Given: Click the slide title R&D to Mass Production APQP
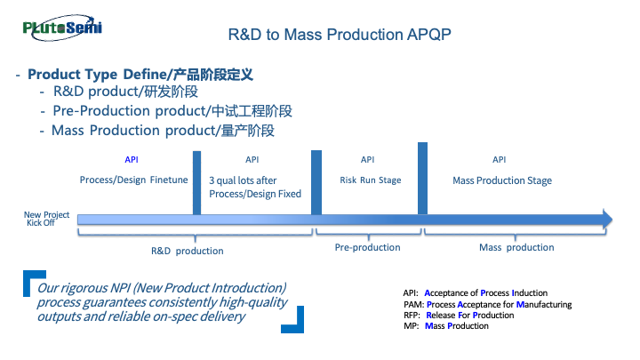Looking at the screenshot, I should [x=340, y=35].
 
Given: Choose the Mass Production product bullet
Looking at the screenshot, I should [x=163, y=130].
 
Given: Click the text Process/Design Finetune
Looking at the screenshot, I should [x=133, y=180].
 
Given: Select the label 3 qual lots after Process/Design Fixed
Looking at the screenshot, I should [x=255, y=187].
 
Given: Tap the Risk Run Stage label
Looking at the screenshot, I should [x=370, y=180].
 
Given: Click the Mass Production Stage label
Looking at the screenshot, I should [x=502, y=180].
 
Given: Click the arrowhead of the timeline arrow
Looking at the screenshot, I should [x=607, y=219].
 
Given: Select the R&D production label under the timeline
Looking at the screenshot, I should [x=188, y=251].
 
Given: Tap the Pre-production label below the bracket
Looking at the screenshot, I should [x=367, y=247].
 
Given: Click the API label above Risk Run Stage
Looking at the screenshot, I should [x=367, y=159].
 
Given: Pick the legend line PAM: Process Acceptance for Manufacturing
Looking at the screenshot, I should [x=487, y=304].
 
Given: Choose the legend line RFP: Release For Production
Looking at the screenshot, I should [x=458, y=315].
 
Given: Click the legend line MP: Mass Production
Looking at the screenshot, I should [x=445, y=326].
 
